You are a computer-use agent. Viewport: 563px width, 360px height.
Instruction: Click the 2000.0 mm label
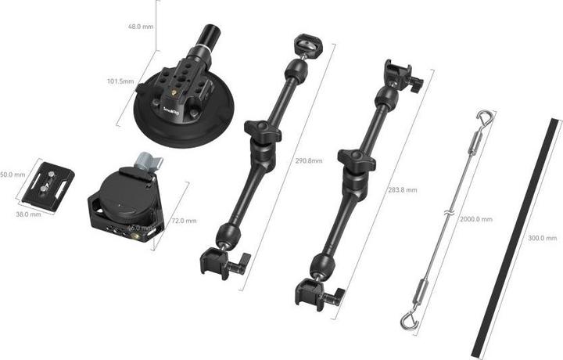[x=475, y=220]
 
